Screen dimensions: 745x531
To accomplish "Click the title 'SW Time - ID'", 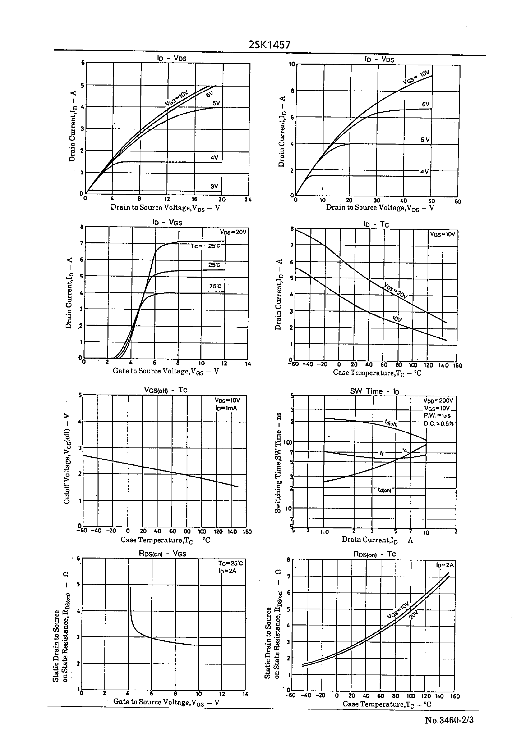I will (x=375, y=391).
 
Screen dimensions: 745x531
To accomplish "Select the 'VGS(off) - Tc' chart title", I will (x=166, y=390).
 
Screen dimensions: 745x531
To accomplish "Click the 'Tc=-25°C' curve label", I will (x=205, y=246).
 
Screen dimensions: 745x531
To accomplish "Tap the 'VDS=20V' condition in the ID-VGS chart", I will (x=233, y=232).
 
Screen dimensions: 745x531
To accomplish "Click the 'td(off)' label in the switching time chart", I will (x=391, y=423).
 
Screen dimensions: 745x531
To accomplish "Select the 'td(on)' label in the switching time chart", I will (x=384, y=490).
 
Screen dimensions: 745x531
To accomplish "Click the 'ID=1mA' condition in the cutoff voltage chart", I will (x=226, y=408).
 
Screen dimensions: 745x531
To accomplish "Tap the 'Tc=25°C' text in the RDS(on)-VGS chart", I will (x=231, y=563).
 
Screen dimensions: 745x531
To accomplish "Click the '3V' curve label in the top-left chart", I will (x=214, y=186).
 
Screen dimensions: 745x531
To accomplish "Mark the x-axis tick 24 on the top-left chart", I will (x=248, y=199).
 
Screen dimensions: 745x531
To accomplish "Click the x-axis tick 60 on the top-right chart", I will (x=457, y=202).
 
